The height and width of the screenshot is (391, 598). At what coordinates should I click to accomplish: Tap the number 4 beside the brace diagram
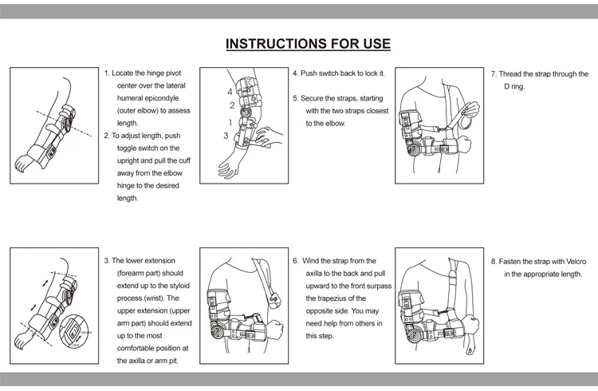tap(230, 92)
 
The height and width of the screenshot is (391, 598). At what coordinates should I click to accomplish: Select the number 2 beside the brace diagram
tap(232, 105)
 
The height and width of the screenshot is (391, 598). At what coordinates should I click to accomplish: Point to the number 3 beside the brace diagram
tap(226, 136)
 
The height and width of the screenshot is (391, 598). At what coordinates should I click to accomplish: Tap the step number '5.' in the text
tap(295, 98)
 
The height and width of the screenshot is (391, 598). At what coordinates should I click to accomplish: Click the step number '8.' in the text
tap(494, 261)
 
